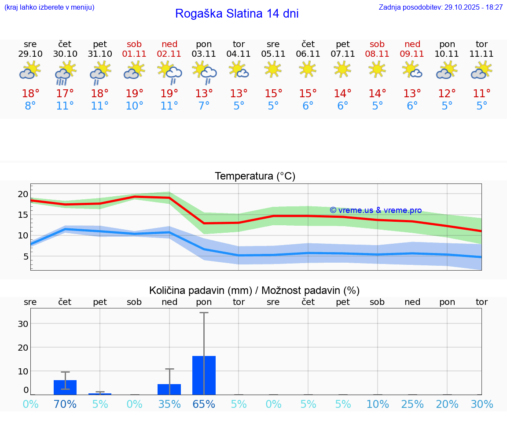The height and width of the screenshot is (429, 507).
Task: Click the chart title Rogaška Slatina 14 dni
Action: (x=237, y=14)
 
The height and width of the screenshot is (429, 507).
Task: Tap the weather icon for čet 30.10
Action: (x=65, y=73)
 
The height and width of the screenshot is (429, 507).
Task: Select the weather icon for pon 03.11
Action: (x=204, y=73)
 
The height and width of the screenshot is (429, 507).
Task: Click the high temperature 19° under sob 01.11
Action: (x=135, y=94)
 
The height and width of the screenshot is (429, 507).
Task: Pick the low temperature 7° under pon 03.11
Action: (x=204, y=106)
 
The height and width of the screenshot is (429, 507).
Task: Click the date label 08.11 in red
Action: (x=377, y=54)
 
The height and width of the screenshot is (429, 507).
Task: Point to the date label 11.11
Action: (x=482, y=54)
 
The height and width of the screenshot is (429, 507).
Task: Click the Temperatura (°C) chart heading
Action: (x=255, y=176)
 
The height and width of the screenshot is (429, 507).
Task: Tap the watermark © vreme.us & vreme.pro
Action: (x=376, y=210)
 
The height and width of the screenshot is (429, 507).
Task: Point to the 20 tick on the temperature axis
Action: (x=23, y=194)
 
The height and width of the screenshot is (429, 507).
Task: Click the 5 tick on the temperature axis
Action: (x=26, y=257)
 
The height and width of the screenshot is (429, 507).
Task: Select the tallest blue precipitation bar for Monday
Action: (x=204, y=375)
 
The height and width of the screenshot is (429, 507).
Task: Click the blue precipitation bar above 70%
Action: (x=65, y=387)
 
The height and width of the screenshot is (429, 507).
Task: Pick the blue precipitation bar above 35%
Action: (x=169, y=389)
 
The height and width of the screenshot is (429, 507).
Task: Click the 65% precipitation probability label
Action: (x=204, y=404)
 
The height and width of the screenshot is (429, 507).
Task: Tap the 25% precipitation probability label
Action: (x=412, y=404)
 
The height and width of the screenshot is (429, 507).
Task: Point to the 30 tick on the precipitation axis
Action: (x=23, y=324)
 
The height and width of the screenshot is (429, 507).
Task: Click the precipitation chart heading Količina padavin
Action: (x=254, y=290)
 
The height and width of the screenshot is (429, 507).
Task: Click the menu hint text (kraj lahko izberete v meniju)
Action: (x=49, y=7)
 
